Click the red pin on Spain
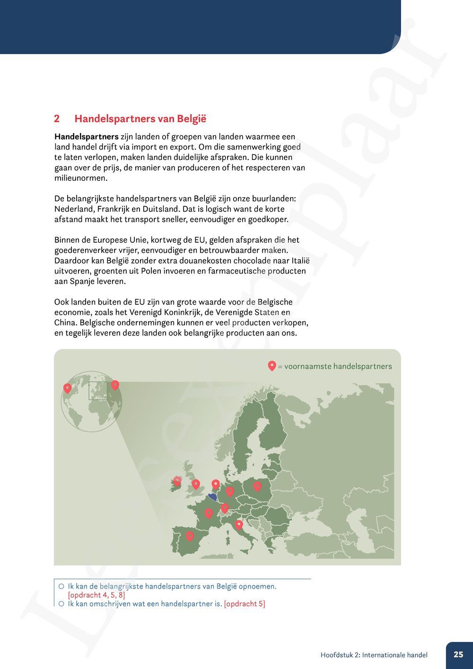[x=190, y=536]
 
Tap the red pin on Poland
[x=257, y=485]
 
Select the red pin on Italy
[x=239, y=524]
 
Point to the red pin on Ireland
[x=177, y=481]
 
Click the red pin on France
[x=208, y=513]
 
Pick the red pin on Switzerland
[x=225, y=508]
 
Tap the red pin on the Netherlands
[x=216, y=484]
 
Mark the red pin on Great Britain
[x=196, y=484]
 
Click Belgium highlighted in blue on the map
[x=212, y=496]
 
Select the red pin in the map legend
[x=272, y=366]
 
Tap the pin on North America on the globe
[x=67, y=388]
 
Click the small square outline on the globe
[x=98, y=390]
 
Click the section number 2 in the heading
[x=57, y=119]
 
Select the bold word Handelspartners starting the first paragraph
[x=87, y=137]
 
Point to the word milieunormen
[x=81, y=178]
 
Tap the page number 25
[x=458, y=655]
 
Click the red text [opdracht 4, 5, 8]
[x=96, y=595]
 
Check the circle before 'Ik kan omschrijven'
[x=61, y=604]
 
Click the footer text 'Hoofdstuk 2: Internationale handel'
[x=374, y=655]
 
